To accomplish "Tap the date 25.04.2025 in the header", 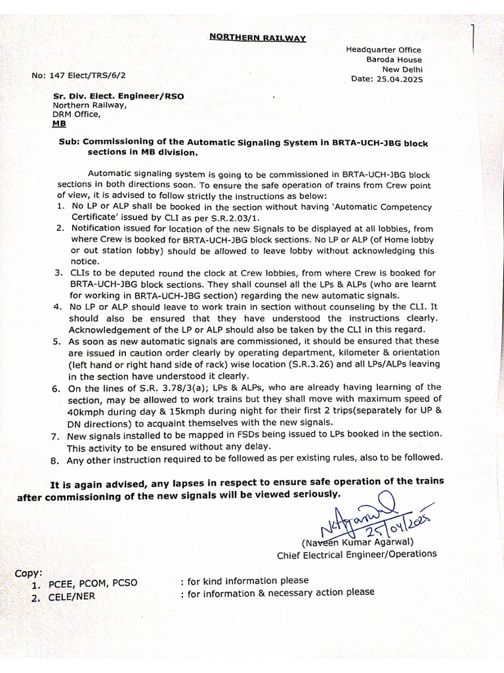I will tap(401, 80).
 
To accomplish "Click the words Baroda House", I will tap(394, 60).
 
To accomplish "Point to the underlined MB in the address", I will tap(59, 124).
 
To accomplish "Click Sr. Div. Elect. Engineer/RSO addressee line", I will tap(118, 95).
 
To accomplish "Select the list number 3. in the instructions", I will tap(58, 272).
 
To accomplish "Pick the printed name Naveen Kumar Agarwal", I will tap(358, 542).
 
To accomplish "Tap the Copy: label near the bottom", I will tap(30, 572).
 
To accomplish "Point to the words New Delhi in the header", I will tap(403, 70).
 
